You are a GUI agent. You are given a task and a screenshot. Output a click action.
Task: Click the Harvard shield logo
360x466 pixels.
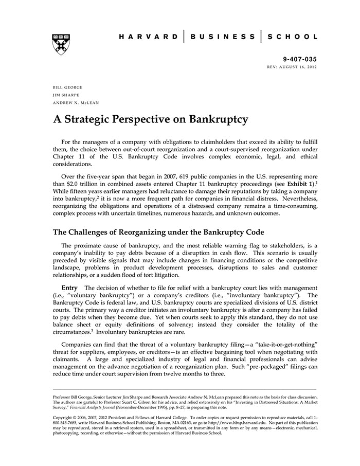coord(61,44)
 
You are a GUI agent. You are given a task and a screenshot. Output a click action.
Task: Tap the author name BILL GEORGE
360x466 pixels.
coord(68,87)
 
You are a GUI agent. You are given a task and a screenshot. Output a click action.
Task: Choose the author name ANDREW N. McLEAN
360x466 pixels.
coord(76,103)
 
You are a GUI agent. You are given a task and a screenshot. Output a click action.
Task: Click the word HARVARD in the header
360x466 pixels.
coord(148,37)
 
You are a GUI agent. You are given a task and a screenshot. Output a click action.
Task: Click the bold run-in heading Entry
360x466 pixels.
coord(69,287)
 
